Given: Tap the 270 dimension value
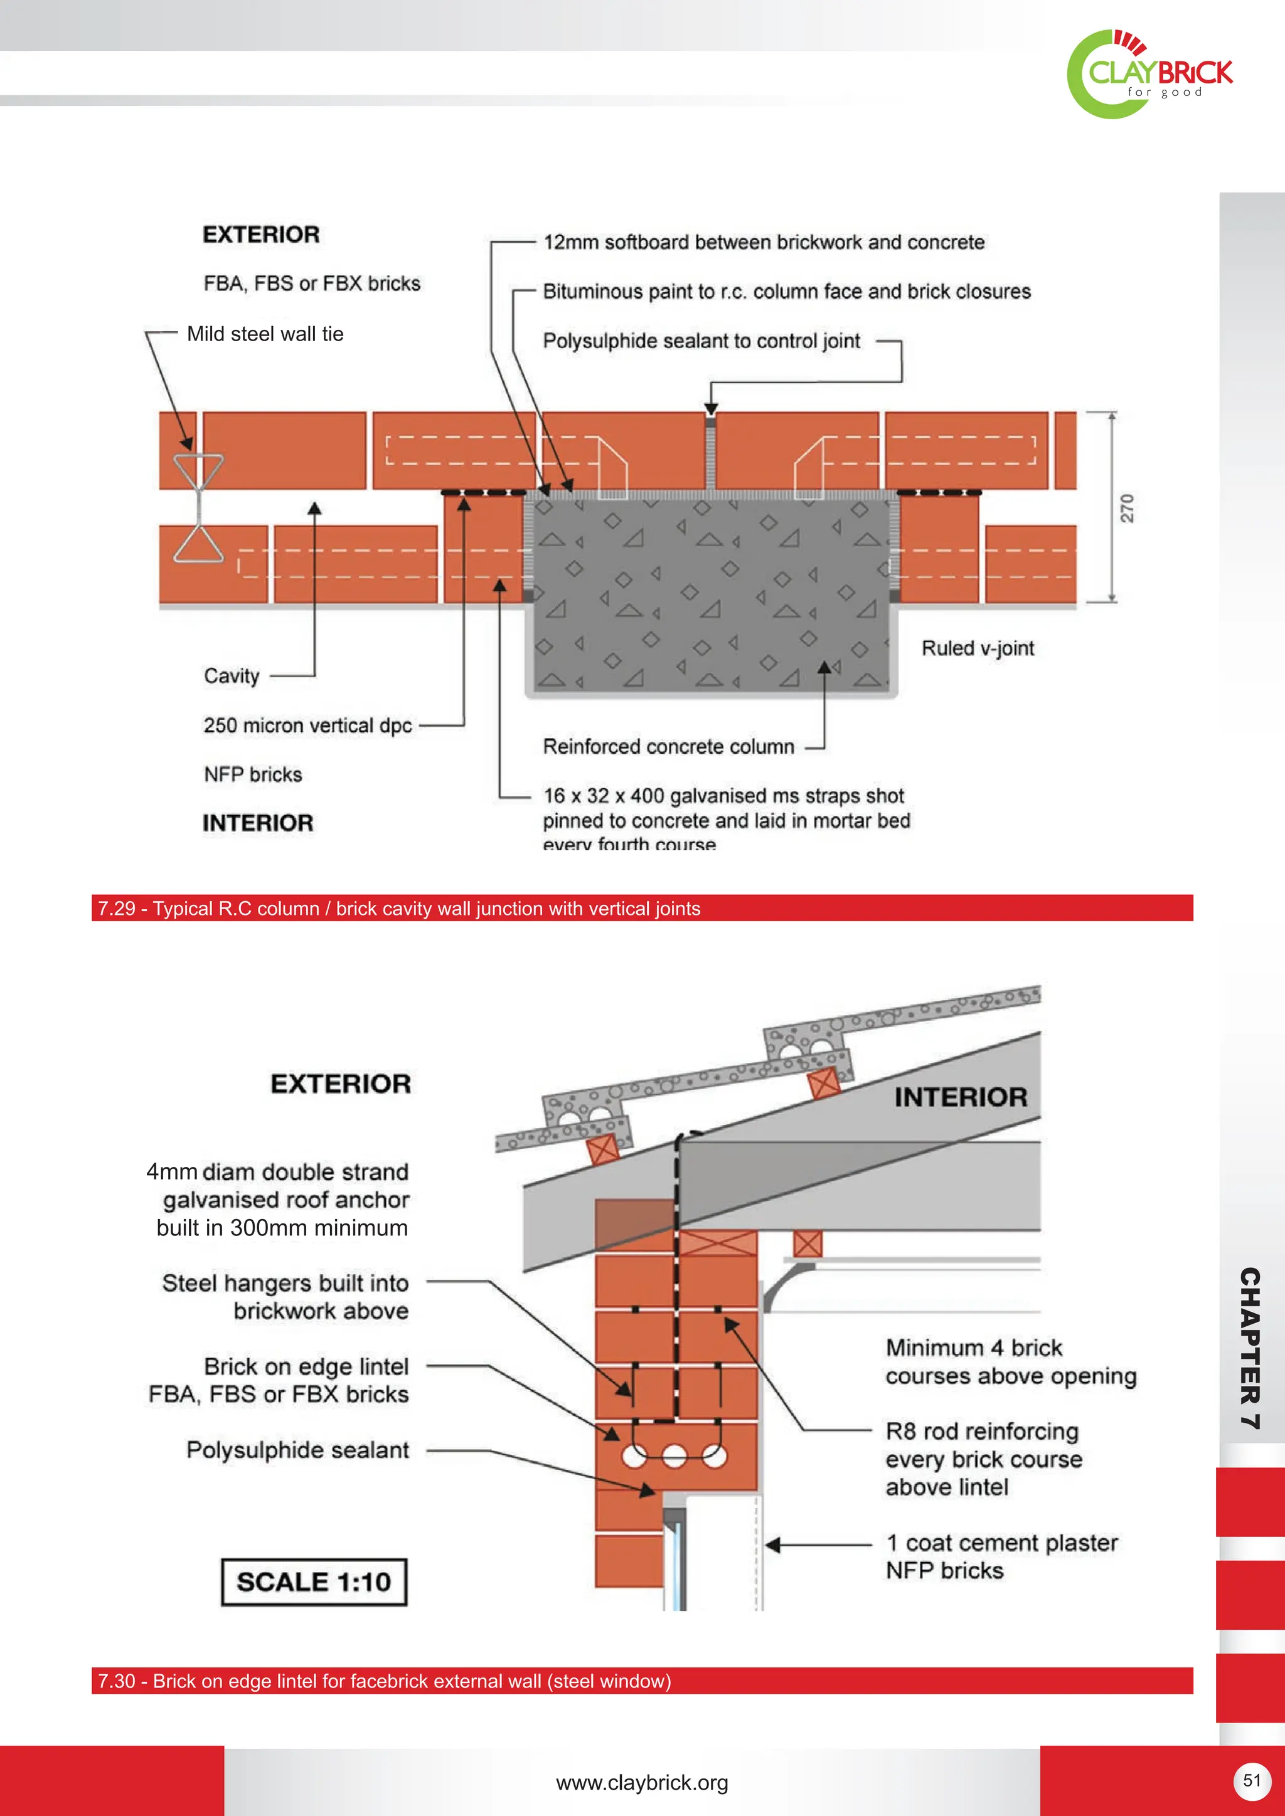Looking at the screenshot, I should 1127,508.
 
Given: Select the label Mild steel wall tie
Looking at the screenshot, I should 265,334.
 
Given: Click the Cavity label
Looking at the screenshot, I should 231,675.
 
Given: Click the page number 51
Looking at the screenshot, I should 1251,1780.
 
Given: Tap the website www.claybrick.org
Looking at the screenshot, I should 642,1783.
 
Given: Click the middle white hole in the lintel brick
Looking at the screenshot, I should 673,1456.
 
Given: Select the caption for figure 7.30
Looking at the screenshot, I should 384,1681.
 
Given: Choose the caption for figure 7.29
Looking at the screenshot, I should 399,908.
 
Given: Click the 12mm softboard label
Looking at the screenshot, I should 764,242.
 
